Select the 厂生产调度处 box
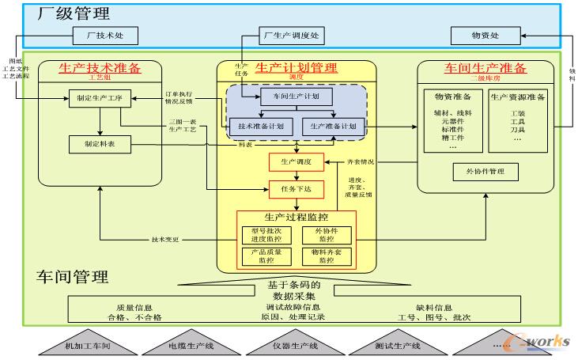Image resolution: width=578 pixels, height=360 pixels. pyautogui.click(x=290, y=36)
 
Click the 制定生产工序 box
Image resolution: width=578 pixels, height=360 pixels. pyautogui.click(x=99, y=99)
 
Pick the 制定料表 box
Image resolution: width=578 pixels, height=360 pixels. pyautogui.click(x=99, y=144)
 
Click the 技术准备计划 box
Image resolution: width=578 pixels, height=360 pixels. pyautogui.click(x=261, y=126)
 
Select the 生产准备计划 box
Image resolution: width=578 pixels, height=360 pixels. pyautogui.click(x=334, y=126)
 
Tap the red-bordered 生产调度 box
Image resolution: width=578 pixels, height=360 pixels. pyautogui.click(x=296, y=161)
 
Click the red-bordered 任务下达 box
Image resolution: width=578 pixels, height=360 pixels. pyautogui.click(x=296, y=189)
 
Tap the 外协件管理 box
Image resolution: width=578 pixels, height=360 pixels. pyautogui.click(x=485, y=171)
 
